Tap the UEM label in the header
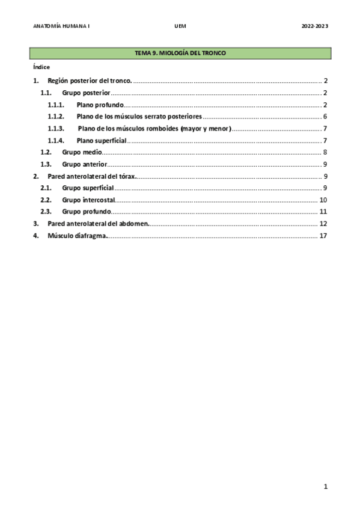click(x=180, y=26)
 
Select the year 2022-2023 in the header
click(x=314, y=26)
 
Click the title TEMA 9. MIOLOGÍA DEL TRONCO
click(x=180, y=54)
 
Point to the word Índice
click(x=41, y=67)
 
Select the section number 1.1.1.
click(x=56, y=105)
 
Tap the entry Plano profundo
click(x=100, y=105)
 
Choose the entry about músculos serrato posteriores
click(x=139, y=117)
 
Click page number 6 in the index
click(x=325, y=117)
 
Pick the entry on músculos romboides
click(x=154, y=129)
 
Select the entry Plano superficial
click(x=102, y=140)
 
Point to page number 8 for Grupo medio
click(x=325, y=152)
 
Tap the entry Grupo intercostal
click(x=88, y=200)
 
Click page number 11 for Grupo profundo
click(x=323, y=212)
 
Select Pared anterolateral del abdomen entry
click(x=98, y=224)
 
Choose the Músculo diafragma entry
click(x=78, y=236)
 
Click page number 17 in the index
click(x=323, y=236)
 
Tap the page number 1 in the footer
click(x=325, y=487)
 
